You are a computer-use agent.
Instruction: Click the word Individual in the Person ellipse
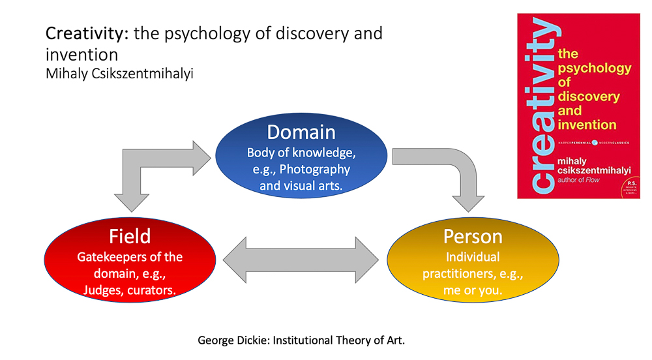pyautogui.click(x=472, y=257)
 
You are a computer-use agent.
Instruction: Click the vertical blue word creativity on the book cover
pyautogui.click(x=540, y=108)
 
